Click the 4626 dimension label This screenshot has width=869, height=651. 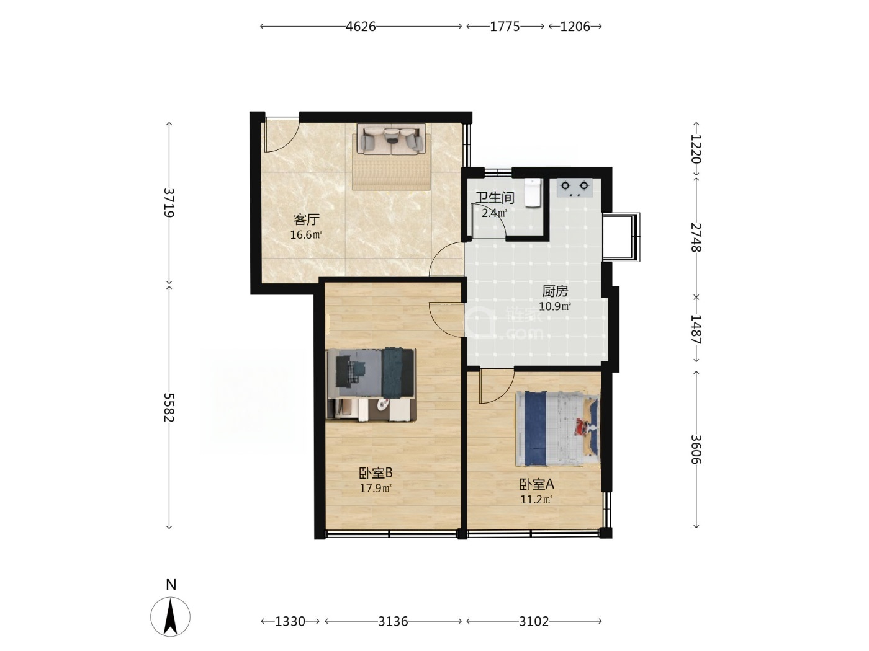pos(360,27)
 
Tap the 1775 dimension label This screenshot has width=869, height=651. pos(505,27)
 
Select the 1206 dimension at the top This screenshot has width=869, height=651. pos(575,27)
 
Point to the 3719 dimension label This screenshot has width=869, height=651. pos(169,202)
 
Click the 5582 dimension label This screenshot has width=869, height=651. pos(169,407)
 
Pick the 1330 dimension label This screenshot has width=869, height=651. pos(290,621)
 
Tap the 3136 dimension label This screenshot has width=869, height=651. pos(393,621)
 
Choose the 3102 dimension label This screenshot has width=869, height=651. pos(534,621)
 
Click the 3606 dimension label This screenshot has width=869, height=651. pos(696,449)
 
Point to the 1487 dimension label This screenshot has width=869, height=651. pos(696,329)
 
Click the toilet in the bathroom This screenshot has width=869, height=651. pos(533,192)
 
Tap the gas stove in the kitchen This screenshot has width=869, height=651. pos(574,188)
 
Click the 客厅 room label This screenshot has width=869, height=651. pos(306,219)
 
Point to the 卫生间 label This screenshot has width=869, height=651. pos(495,198)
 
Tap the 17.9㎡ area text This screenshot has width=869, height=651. pos(376,489)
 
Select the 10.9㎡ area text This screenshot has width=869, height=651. pos(555,306)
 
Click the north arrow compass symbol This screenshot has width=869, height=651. pos(170,618)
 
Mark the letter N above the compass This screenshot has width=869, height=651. pos(171,585)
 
